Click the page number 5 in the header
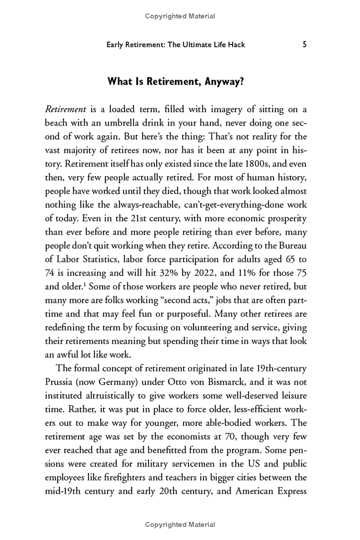tap(305, 45)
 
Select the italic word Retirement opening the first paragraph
tap(65, 109)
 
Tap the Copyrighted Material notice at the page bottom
tap(180, 525)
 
